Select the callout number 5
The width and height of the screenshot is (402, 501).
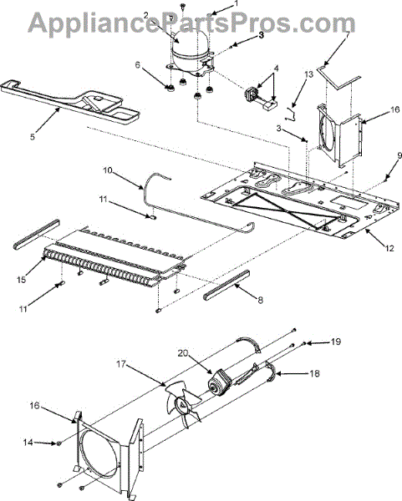pos(33,137)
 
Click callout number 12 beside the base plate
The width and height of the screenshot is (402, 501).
pos(389,248)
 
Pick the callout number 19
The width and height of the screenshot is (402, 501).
pos(336,342)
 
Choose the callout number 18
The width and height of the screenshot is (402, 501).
pos(315,373)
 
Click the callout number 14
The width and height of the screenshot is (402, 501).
pos(28,443)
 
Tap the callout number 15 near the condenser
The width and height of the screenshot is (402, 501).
pos(22,280)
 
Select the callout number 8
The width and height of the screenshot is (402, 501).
pos(260,300)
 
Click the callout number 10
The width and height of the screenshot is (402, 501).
pos(108,170)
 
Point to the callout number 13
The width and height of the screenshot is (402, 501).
pos(308,75)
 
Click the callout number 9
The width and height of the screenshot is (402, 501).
pos(399,156)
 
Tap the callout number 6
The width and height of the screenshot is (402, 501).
pos(138,65)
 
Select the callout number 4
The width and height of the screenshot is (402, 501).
pos(276,68)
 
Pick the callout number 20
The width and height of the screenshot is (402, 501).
pos(183,353)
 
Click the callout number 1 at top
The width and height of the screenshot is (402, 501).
pos(236,3)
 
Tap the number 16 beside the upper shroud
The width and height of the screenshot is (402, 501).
pos(395,109)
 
